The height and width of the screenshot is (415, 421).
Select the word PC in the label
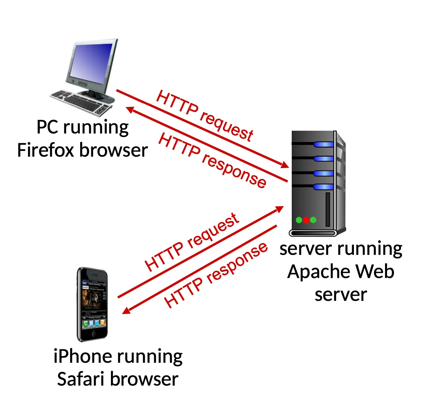[47, 127]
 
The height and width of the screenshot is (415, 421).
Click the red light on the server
[306, 220]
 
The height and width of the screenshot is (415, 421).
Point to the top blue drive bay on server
[324, 144]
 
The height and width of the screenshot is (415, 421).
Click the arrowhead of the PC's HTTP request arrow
[285, 165]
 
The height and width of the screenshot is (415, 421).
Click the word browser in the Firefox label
[114, 150]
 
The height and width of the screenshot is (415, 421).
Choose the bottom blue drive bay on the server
[324, 187]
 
